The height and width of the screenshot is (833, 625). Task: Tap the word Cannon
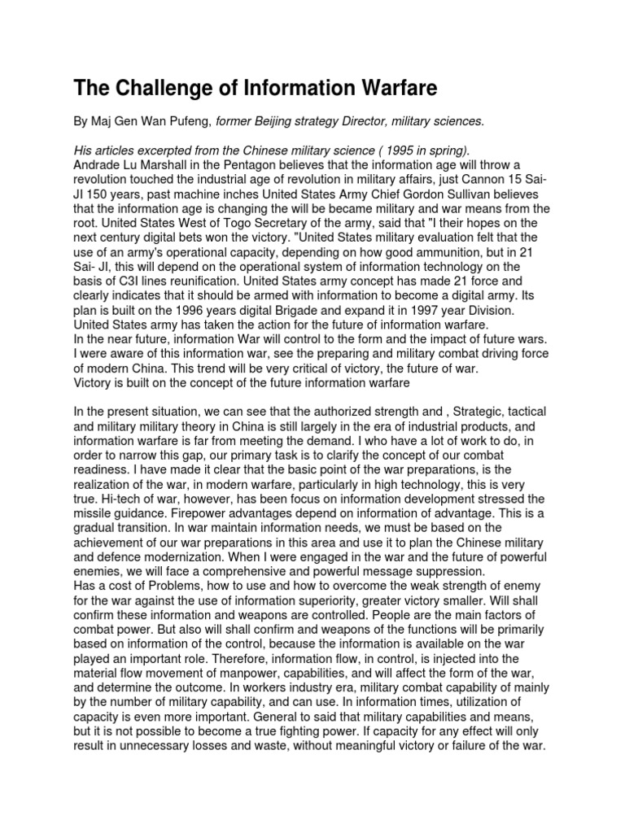(x=474, y=178)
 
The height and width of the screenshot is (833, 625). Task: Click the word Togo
(x=223, y=222)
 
